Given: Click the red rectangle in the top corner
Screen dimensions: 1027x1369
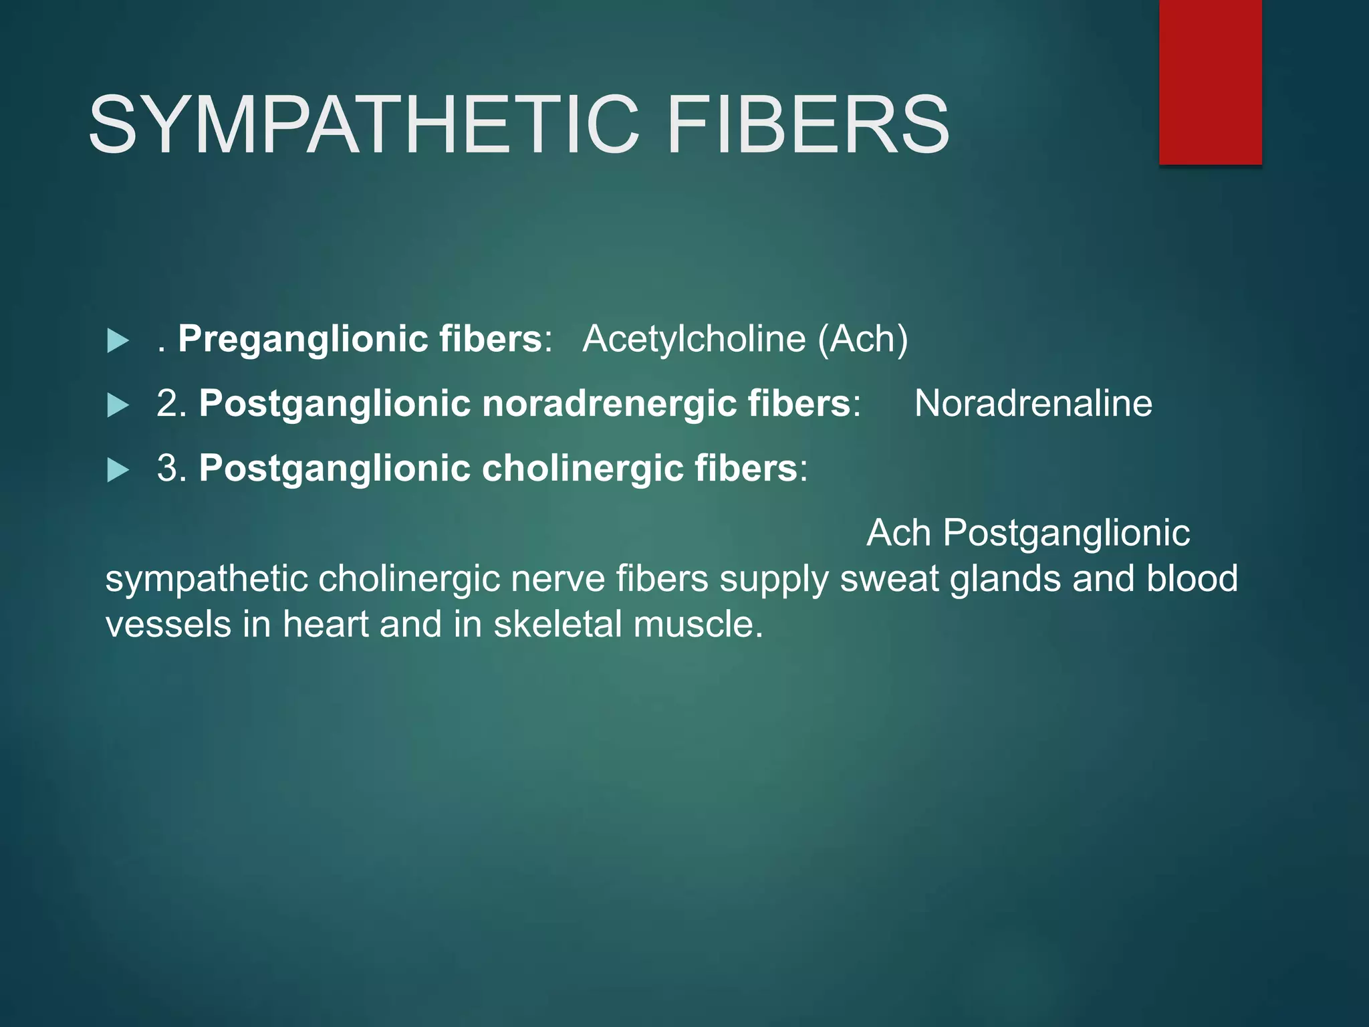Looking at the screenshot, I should tap(1210, 82).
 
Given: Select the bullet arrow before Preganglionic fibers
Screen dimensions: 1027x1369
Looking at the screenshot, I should tap(118, 340).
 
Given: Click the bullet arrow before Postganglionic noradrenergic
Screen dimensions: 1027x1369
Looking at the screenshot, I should tap(118, 405).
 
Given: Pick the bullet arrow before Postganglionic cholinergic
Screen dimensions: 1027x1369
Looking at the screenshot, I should tap(118, 469).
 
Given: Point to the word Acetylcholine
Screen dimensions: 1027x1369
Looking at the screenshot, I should tap(694, 339).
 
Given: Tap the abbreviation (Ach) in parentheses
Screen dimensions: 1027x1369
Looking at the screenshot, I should tap(863, 339).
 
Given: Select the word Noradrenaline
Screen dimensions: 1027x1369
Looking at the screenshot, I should tap(1033, 404).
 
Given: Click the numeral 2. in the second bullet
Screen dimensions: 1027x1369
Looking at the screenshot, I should tap(171, 404).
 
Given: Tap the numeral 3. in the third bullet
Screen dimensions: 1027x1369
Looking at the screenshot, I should tap(171, 468).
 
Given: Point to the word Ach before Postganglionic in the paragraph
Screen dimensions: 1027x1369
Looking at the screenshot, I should tap(898, 533).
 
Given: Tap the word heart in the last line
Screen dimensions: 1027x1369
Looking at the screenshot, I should tap(324, 624).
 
